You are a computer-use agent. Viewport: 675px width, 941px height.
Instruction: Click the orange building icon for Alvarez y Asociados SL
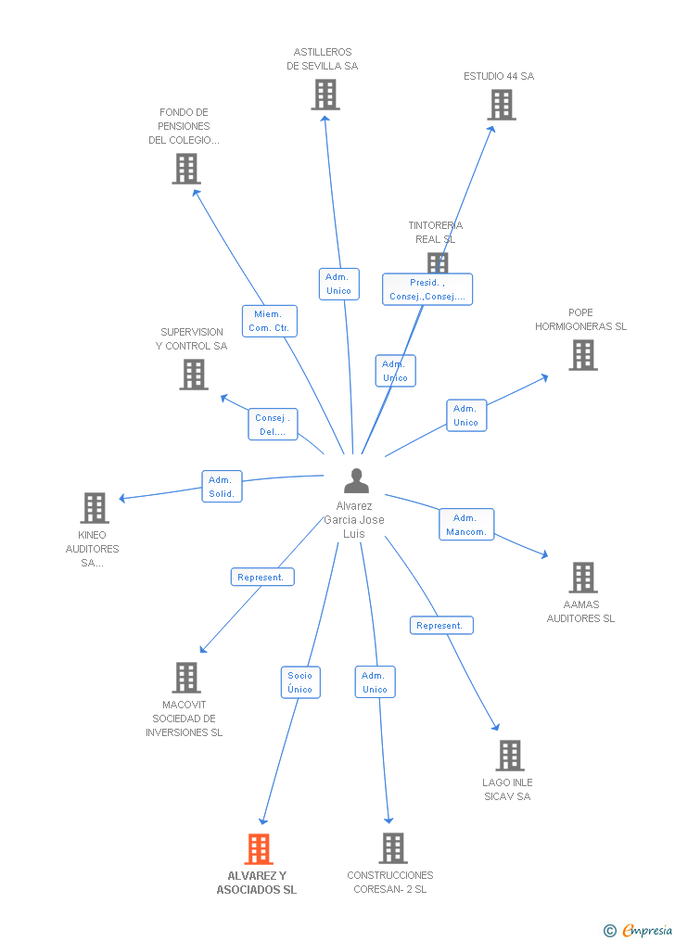[x=259, y=848]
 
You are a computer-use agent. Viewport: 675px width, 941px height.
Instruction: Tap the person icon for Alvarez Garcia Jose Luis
[x=356, y=481]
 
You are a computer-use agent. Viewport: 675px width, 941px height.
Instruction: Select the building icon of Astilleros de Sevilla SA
[x=325, y=95]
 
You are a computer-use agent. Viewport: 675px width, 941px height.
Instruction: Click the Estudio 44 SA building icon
[x=502, y=105]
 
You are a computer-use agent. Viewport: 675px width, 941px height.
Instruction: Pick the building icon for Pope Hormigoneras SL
[x=582, y=354]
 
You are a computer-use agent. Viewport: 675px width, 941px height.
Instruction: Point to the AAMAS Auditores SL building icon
[x=582, y=577]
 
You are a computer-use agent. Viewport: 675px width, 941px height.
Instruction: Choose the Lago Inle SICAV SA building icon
[x=509, y=755]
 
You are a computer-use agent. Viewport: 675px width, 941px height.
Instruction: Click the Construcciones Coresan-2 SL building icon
[x=393, y=847]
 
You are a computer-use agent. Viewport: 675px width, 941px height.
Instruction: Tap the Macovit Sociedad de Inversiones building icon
[x=186, y=678]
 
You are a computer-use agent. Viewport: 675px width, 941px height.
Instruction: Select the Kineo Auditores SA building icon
[x=95, y=507]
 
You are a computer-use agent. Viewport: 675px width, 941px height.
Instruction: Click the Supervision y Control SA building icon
[x=193, y=374]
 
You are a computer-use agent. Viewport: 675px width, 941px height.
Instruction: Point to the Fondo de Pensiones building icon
[x=186, y=168]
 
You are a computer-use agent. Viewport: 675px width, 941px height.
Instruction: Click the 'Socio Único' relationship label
[x=300, y=682]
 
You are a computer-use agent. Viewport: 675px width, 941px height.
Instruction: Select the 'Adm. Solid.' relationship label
[x=223, y=487]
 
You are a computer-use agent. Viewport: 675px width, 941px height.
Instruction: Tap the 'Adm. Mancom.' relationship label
[x=465, y=525]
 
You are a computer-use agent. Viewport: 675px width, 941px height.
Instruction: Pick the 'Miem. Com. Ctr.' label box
[x=270, y=321]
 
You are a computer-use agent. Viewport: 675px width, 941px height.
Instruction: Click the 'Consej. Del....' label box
[x=273, y=425]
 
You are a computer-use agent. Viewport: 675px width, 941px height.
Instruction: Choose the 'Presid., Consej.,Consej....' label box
[x=427, y=289]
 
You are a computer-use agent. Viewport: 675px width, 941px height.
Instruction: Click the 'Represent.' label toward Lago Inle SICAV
[x=441, y=626]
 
